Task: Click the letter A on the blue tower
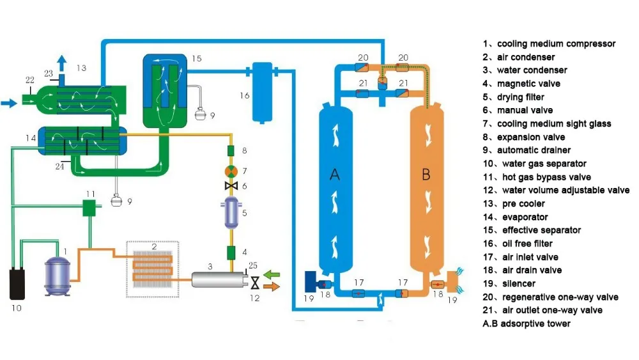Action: pyautogui.click(x=334, y=176)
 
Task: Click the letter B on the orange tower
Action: pyautogui.click(x=426, y=175)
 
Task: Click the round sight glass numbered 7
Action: pyautogui.click(x=231, y=171)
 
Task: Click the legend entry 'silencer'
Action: pyautogui.click(x=518, y=283)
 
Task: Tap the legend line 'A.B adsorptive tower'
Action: pyautogui.click(x=526, y=324)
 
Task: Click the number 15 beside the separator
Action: pyautogui.click(x=196, y=59)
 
